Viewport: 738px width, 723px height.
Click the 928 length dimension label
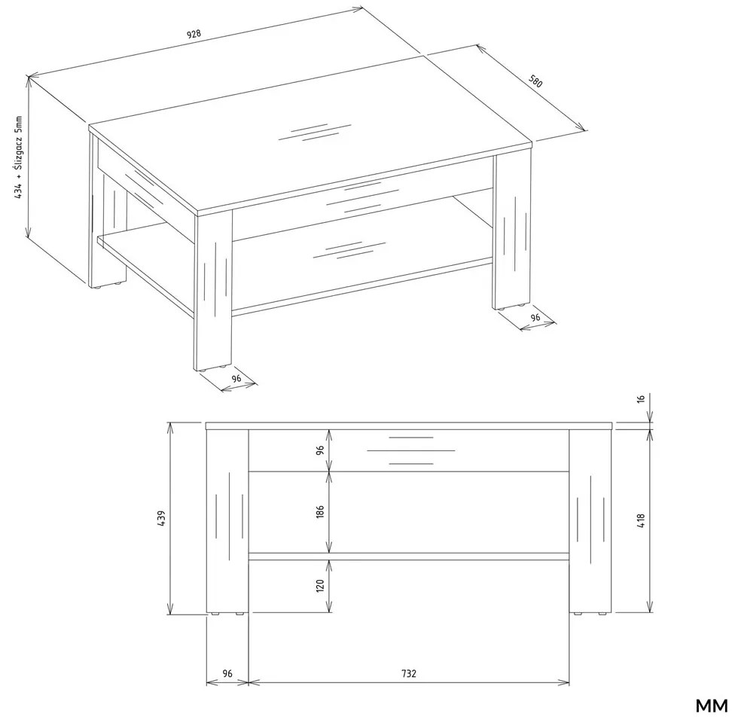(194, 35)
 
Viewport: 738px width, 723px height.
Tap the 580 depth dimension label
(535, 81)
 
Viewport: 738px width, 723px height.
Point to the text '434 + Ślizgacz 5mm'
(18, 157)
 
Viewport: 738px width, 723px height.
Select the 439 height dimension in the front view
(161, 518)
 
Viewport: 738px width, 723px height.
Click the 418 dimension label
(641, 520)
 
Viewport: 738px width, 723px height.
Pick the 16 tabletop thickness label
(640, 399)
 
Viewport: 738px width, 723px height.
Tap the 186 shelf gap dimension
(320, 511)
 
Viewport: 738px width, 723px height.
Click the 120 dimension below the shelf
(320, 586)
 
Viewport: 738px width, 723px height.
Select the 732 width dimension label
(409, 673)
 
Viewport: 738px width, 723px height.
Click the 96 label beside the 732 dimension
(227, 673)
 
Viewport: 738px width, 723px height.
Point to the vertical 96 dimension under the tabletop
(320, 450)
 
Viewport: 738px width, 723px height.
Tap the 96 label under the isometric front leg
(236, 378)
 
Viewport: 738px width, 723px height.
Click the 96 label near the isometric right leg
(535, 317)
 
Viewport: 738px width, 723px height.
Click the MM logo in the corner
(711, 706)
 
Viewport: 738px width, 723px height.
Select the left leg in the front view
(227, 521)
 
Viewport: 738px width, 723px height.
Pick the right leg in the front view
(590, 521)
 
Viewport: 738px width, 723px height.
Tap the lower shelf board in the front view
(408, 557)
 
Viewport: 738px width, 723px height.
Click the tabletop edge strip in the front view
(409, 426)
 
